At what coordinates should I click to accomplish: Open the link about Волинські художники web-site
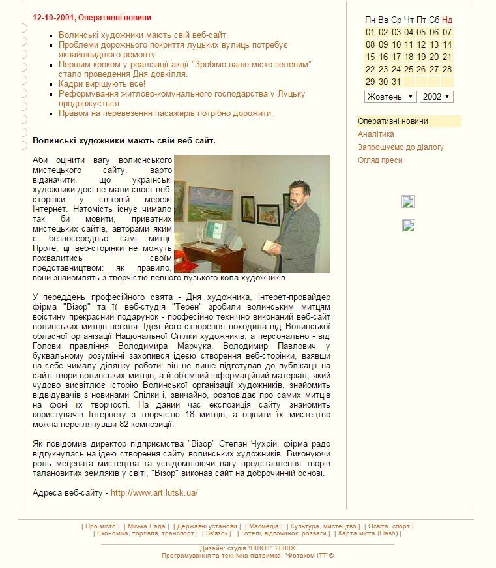143,35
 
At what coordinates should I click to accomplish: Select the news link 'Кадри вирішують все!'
102,84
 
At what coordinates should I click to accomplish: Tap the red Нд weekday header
447,20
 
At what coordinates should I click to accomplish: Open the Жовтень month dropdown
390,97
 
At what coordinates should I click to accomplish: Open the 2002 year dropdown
436,97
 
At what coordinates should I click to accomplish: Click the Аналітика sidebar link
375,134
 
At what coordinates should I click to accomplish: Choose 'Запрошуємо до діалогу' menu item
400,147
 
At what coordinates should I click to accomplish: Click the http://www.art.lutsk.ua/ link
154,493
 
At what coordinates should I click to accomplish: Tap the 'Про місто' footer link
100,526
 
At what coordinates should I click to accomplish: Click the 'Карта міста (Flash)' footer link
368,533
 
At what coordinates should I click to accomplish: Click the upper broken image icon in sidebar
409,202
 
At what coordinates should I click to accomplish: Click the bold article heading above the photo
124,140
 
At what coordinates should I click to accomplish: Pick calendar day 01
370,32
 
